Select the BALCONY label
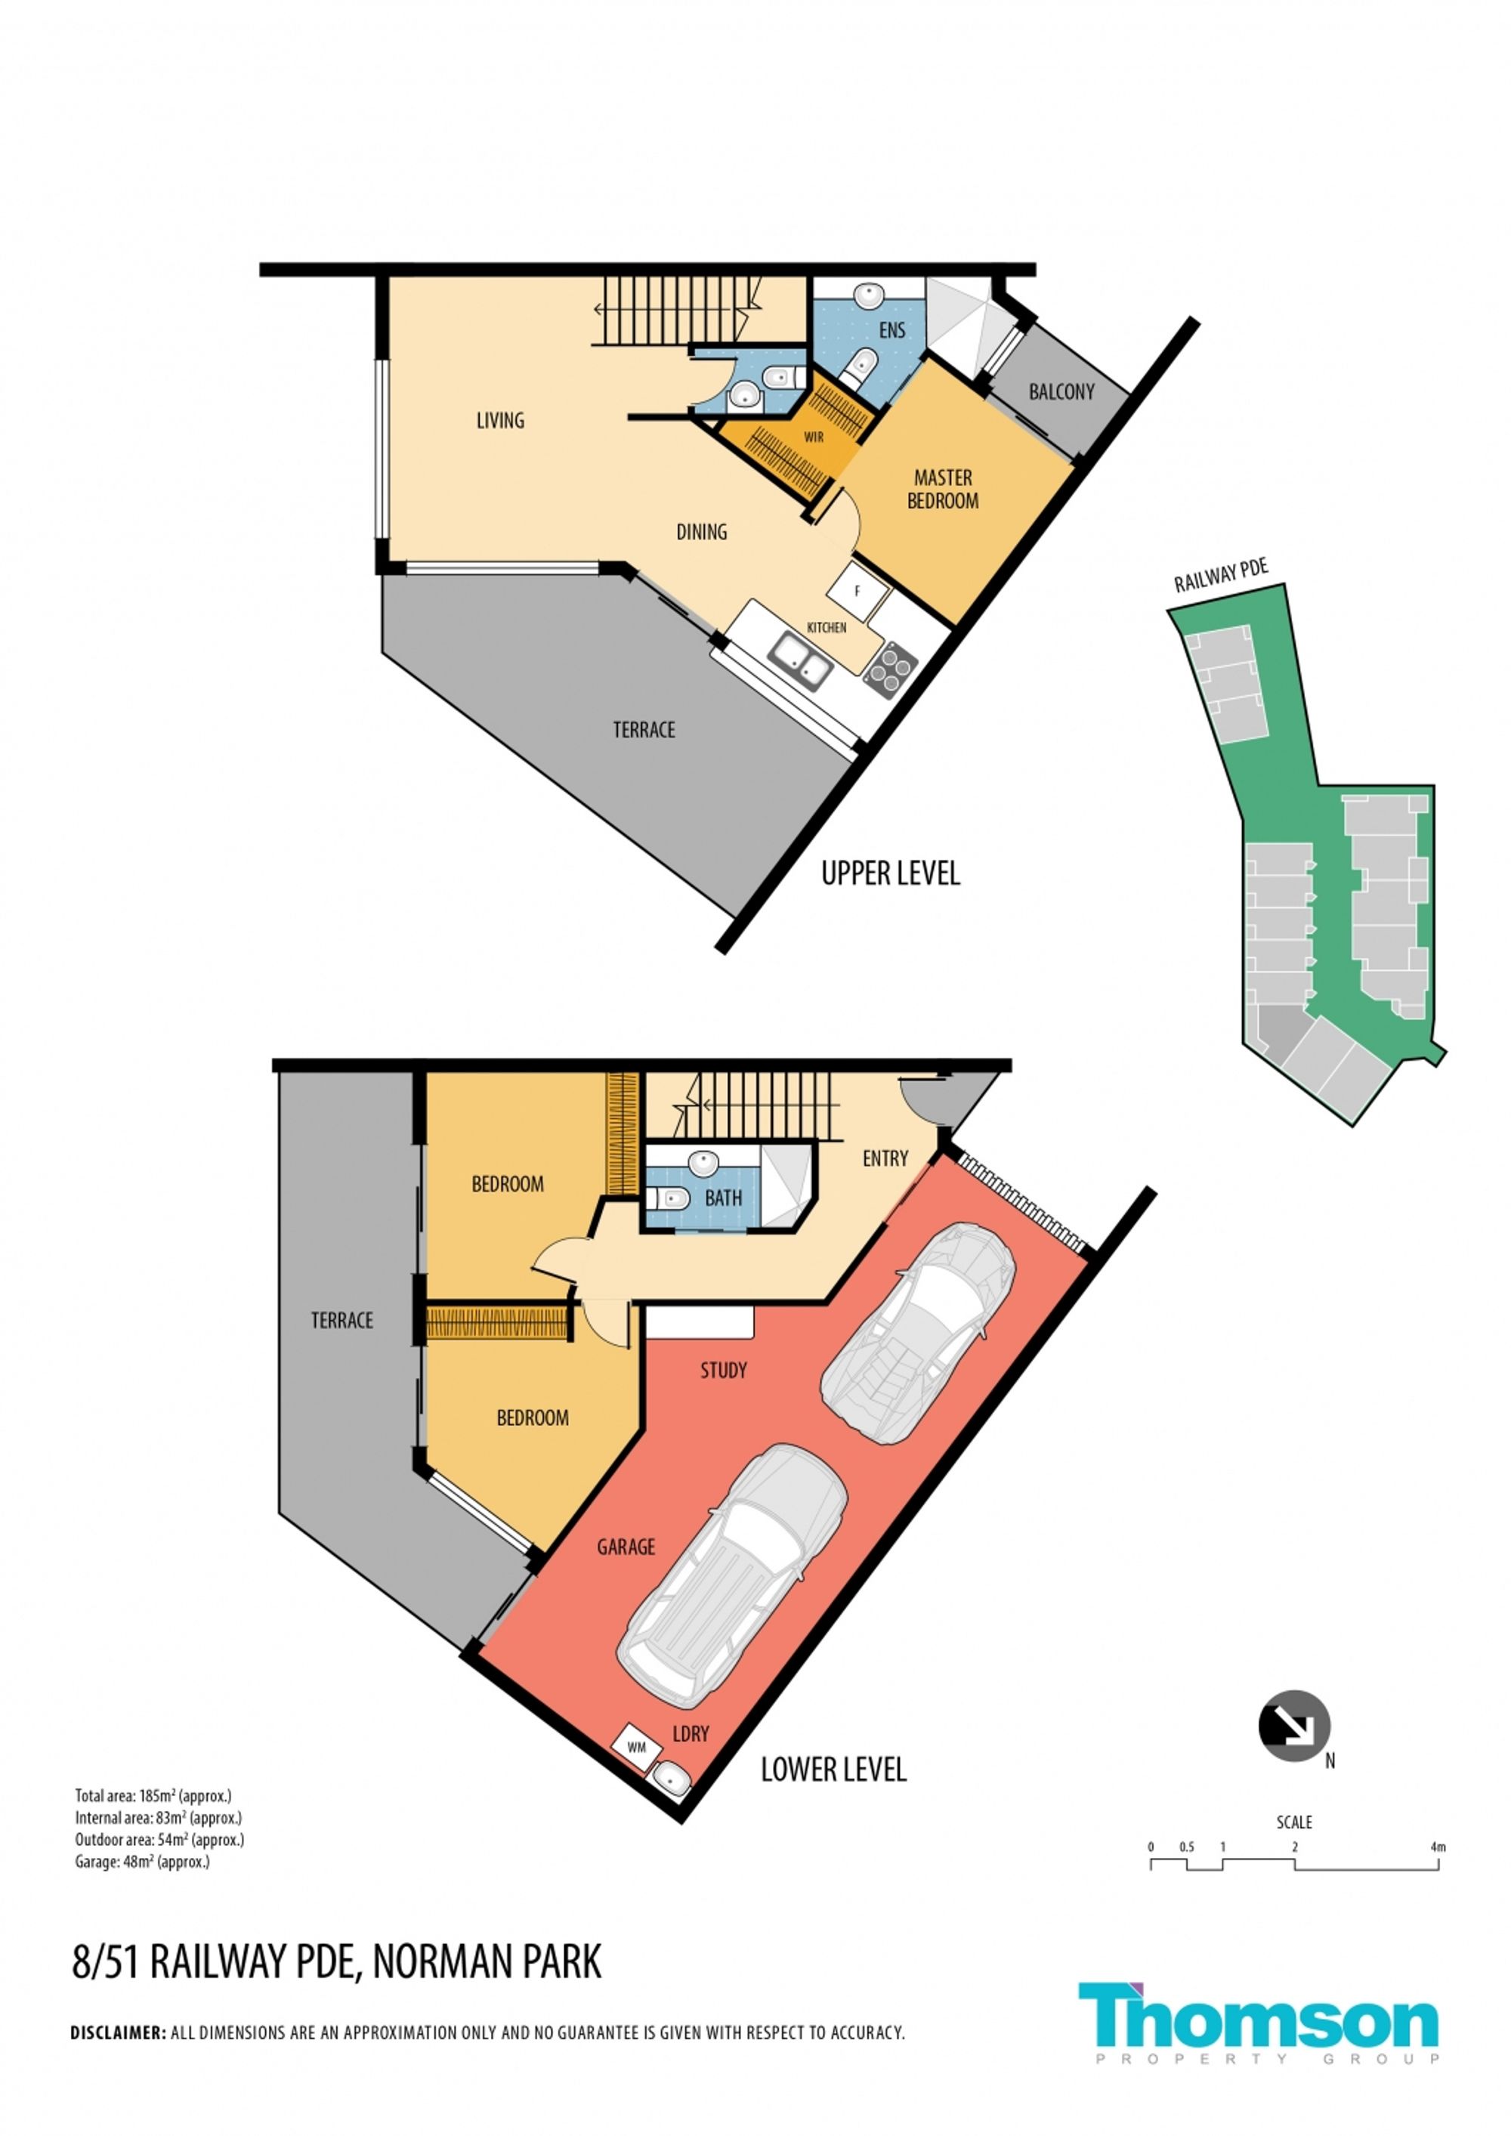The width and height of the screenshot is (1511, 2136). tap(1061, 391)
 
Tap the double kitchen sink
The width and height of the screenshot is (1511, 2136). tap(800, 659)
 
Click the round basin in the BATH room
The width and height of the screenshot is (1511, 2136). tap(703, 1163)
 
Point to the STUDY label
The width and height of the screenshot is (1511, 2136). tap(723, 1371)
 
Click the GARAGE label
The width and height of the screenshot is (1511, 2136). tap(626, 1547)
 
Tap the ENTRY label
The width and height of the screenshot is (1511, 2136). tap(885, 1158)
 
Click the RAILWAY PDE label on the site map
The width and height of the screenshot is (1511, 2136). tap(1221, 576)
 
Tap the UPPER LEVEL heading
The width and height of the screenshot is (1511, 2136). tap(891, 873)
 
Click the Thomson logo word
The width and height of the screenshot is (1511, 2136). tap(1259, 2017)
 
